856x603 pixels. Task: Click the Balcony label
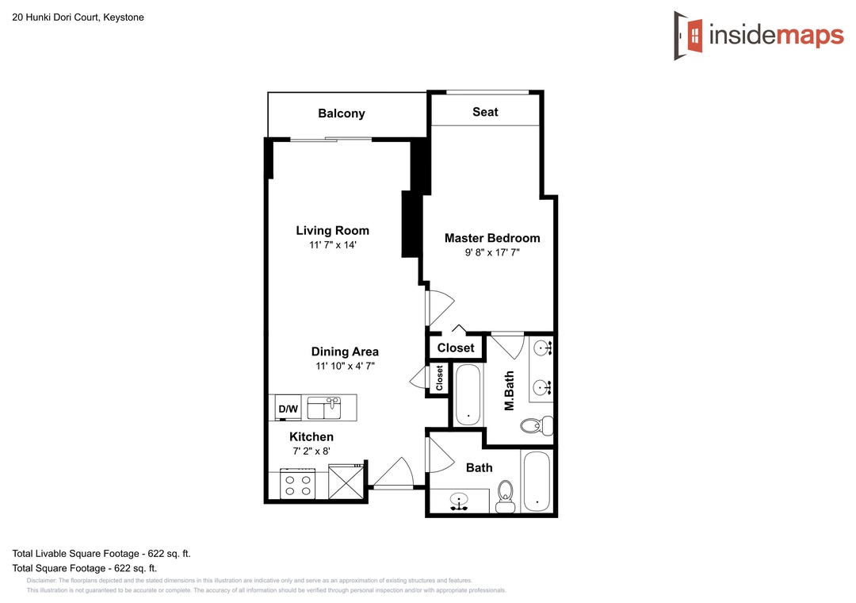(x=341, y=113)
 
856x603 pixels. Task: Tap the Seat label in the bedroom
(x=485, y=112)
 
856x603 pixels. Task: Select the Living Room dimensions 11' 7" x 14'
(x=332, y=245)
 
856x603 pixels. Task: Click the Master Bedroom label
(x=492, y=238)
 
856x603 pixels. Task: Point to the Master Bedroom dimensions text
(x=492, y=252)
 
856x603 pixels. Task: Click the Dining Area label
(x=345, y=351)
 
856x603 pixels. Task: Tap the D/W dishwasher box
(x=289, y=408)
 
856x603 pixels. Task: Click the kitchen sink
(x=323, y=408)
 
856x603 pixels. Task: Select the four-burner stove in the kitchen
(x=298, y=484)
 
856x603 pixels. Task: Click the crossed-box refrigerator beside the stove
(x=346, y=481)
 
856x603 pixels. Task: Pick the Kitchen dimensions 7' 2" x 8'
(x=311, y=451)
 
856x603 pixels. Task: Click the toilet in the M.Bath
(x=536, y=424)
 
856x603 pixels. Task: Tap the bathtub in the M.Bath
(x=468, y=394)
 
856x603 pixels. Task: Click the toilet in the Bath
(x=506, y=497)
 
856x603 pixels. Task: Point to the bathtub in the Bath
(x=536, y=482)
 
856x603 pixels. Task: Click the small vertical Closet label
(x=439, y=378)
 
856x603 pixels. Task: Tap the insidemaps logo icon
(x=689, y=36)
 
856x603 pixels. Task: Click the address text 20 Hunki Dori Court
(x=55, y=17)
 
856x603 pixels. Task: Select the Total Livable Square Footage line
(x=101, y=554)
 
